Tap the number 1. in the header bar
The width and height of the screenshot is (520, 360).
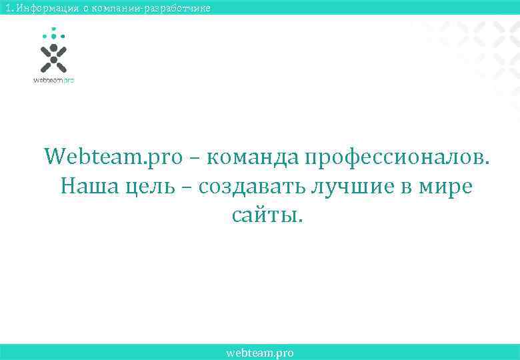(7, 8)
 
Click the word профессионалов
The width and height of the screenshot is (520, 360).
(397, 157)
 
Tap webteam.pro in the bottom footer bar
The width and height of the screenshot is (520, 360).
(260, 353)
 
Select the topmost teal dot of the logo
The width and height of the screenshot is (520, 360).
(53, 29)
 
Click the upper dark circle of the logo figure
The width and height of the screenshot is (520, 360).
(53, 48)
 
